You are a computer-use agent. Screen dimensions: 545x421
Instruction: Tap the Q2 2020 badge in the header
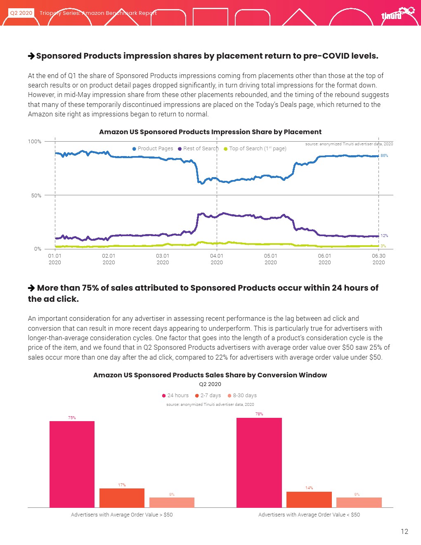tap(21, 13)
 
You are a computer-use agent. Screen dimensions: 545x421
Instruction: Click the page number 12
tap(404, 531)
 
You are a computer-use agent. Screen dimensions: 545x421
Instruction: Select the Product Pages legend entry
tap(153, 149)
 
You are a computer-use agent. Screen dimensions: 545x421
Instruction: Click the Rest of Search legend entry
tap(198, 149)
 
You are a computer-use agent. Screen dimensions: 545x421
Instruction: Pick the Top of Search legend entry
tap(255, 149)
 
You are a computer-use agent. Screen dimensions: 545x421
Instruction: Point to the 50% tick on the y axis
tap(36, 195)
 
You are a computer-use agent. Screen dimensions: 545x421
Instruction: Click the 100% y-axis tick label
tap(35, 142)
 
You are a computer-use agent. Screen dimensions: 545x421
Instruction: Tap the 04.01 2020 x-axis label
tap(217, 259)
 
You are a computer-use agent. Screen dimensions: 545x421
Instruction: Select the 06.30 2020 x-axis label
tap(378, 259)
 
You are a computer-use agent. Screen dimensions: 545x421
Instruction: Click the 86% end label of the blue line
tap(384, 156)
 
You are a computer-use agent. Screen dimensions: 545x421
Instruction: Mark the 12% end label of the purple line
tap(384, 236)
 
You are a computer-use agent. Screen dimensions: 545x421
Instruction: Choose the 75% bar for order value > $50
tap(72, 464)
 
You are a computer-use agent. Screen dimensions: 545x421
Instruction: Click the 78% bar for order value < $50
tap(259, 462)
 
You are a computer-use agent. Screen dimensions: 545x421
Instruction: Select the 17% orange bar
tap(122, 498)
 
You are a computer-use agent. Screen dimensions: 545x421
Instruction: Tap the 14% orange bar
tap(309, 500)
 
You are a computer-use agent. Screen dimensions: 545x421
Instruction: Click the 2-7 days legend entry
tap(208, 396)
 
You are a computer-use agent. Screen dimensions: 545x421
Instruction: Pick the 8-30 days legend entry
tap(242, 396)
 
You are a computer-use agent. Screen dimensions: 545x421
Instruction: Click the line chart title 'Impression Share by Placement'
tap(210, 132)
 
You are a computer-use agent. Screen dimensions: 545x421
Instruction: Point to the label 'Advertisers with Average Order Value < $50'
tap(309, 515)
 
